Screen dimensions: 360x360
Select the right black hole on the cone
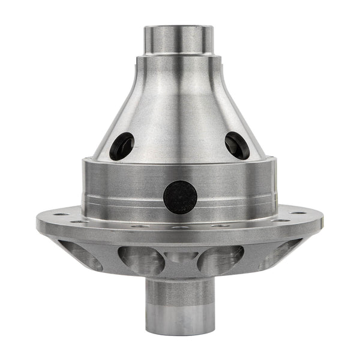click(237, 145)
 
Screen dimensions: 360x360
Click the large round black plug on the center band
click(180, 197)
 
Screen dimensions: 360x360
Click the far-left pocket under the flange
click(84, 254)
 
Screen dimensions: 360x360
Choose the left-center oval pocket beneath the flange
click(142, 259)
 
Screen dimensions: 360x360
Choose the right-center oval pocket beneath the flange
click(221, 259)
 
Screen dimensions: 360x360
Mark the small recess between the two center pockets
click(181, 258)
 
